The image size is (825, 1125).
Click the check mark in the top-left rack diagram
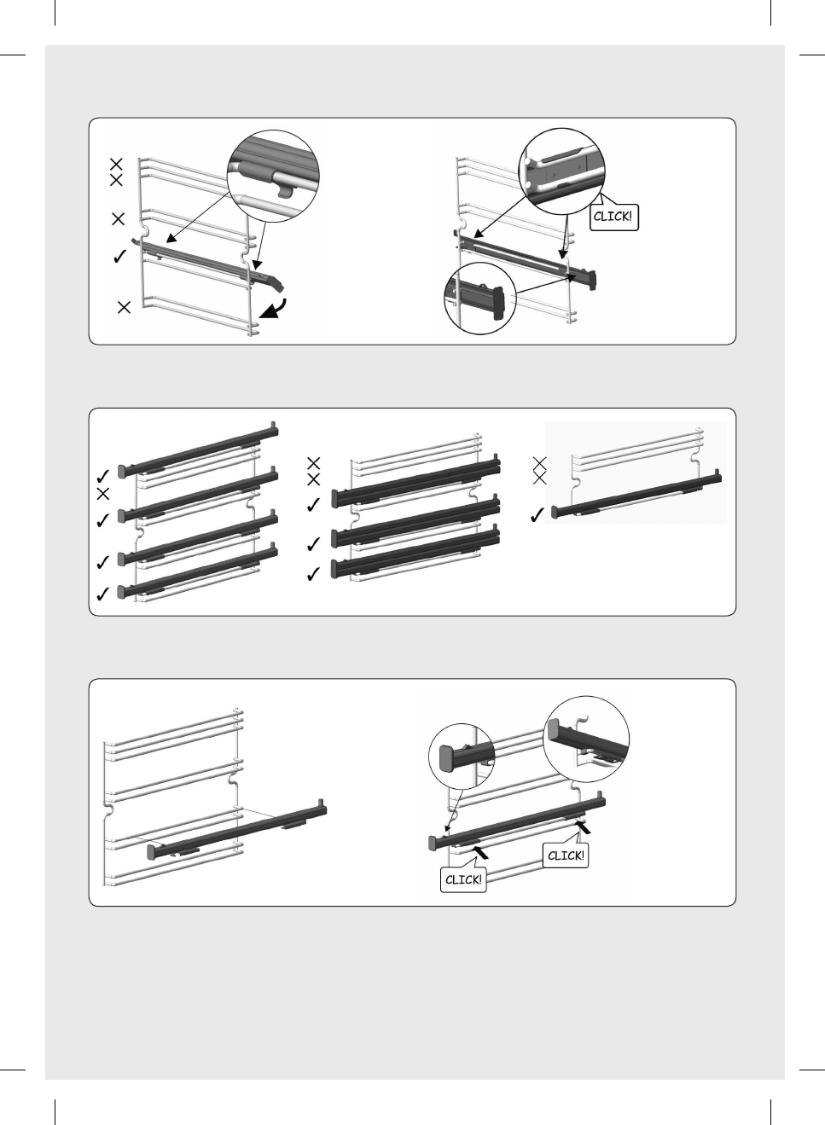tap(119, 257)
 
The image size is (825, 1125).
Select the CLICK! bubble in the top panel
tap(613, 217)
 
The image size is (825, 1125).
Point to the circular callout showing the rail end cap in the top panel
tap(479, 299)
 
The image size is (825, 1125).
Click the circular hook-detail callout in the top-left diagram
tap(273, 177)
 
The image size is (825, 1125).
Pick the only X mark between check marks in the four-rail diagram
tap(103, 494)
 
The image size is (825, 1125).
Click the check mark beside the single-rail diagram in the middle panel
tap(537, 515)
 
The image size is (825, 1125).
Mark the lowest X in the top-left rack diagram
tap(124, 307)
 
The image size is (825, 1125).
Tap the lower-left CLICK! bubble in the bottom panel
tap(463, 879)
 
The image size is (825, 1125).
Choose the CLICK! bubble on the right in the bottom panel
tap(566, 855)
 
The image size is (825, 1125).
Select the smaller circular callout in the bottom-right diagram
tap(462, 757)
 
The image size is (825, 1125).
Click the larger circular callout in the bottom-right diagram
tap(586, 739)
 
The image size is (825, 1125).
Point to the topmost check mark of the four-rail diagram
tap(102, 476)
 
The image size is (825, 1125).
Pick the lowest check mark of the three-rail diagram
tap(313, 573)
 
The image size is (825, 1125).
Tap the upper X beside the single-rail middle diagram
tap(539, 463)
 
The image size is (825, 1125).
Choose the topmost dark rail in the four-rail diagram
tap(198, 450)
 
